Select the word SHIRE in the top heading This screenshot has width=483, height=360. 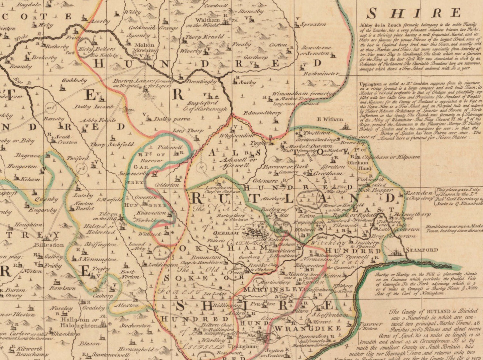(414, 13)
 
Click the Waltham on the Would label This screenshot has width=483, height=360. (207, 22)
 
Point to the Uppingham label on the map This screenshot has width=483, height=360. (242, 346)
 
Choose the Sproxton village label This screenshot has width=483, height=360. (313, 24)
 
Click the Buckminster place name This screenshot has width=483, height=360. (321, 73)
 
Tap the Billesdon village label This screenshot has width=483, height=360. (49, 245)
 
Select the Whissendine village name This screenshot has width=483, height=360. (237, 136)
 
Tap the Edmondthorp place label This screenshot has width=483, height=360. (262, 113)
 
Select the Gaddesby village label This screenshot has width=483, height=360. (74, 81)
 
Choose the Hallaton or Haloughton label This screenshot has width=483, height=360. (79, 322)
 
